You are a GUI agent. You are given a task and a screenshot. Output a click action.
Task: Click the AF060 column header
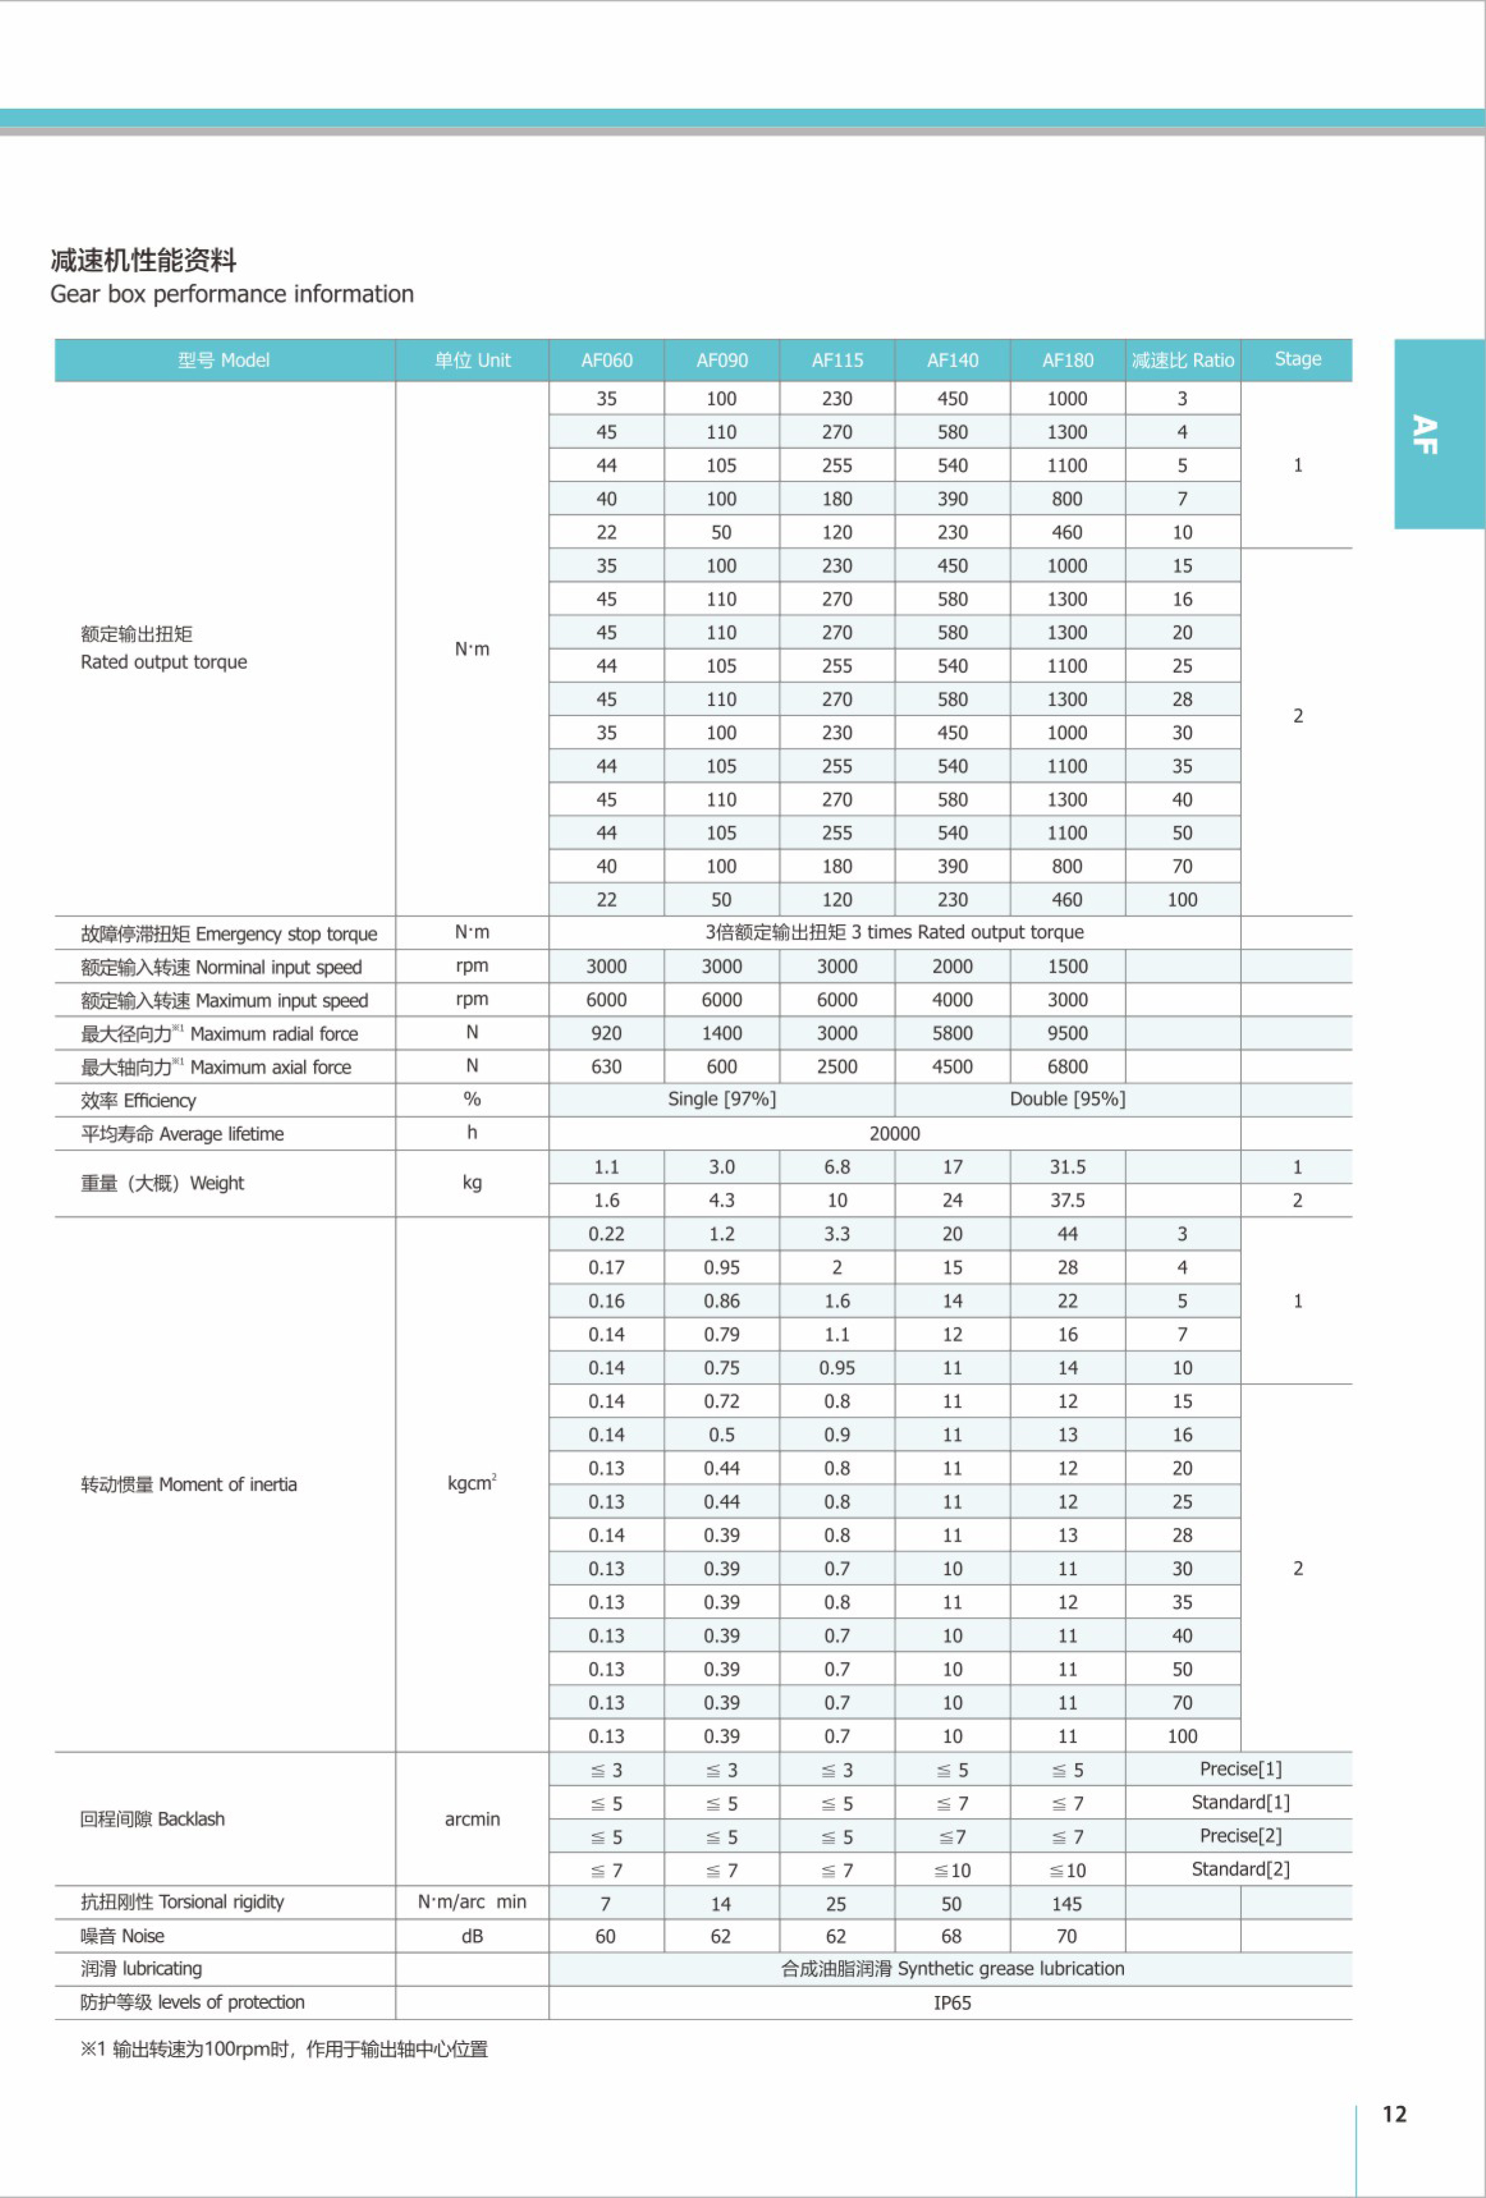pos(606,360)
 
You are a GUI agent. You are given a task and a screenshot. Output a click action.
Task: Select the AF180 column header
pos(1067,360)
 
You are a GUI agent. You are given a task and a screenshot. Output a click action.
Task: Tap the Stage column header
pos(1297,359)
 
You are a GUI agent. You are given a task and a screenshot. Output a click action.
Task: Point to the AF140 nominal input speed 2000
pos(952,966)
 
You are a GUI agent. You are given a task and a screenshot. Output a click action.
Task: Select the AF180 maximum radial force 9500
pos(1067,1033)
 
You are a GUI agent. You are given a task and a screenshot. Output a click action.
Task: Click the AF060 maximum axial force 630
pos(606,1067)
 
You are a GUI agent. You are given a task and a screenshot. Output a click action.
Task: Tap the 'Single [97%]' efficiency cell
pos(722,1099)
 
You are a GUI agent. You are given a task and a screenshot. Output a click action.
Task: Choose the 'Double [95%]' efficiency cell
pos(1067,1099)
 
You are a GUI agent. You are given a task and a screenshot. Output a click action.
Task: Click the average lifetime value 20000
pos(894,1133)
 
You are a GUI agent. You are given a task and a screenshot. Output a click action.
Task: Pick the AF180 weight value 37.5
pos(1067,1200)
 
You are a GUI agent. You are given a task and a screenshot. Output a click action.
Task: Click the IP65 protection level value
pos(952,2003)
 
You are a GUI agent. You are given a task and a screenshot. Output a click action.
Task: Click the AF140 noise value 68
pos(952,1936)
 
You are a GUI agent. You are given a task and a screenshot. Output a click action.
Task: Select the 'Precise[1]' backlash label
pos(1240,1769)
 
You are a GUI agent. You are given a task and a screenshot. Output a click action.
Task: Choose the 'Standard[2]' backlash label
pos(1240,1869)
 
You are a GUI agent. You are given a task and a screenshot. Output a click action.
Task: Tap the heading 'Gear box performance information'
pos(232,294)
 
